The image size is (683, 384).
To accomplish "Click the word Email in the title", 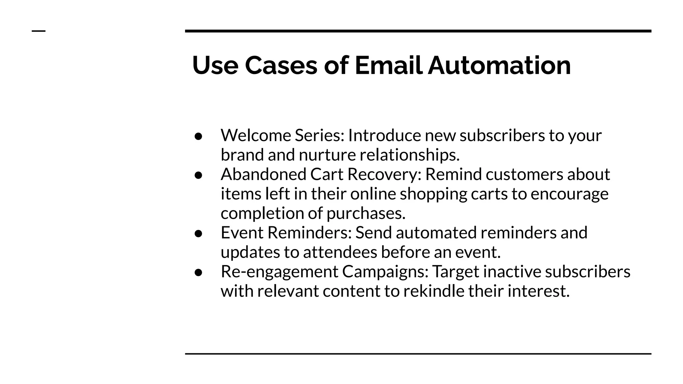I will click(x=389, y=65).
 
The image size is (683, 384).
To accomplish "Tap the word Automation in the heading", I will click(x=499, y=65).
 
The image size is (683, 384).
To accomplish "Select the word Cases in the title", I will click(x=281, y=65).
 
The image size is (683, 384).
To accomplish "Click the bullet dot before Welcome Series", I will click(x=198, y=136).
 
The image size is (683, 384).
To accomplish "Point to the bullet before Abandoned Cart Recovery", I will click(x=198, y=175).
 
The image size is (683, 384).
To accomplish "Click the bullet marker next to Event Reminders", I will click(x=198, y=234).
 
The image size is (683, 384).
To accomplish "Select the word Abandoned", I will click(x=263, y=174).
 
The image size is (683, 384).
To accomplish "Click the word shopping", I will click(x=433, y=194).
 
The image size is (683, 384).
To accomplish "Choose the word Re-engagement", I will click(x=279, y=272).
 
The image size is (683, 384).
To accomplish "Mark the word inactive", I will click(x=512, y=272).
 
